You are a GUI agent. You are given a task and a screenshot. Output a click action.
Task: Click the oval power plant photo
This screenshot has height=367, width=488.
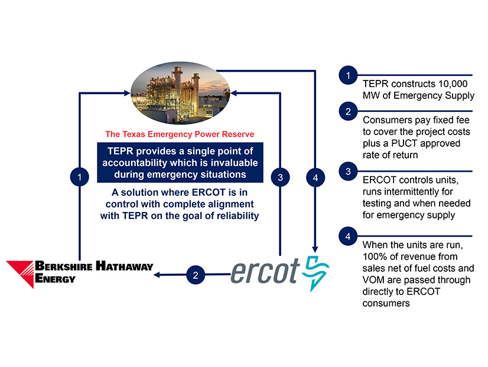180,93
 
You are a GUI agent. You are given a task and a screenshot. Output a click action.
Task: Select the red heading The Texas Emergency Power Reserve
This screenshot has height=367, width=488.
180,134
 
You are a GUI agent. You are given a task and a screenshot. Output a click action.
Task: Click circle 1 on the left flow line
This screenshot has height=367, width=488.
80,177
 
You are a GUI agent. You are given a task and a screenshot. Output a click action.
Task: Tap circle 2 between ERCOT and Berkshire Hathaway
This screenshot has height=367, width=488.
196,275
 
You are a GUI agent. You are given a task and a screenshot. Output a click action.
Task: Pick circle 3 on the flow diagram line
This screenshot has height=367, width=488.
280,178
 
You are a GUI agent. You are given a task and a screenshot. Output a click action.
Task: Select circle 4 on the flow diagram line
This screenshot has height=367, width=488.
315,178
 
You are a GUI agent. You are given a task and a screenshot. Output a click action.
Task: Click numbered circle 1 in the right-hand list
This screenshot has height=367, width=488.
348,75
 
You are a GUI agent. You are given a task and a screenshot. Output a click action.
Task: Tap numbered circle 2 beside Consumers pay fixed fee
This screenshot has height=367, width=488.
348,111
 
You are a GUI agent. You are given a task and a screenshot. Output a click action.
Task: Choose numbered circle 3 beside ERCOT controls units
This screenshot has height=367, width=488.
348,171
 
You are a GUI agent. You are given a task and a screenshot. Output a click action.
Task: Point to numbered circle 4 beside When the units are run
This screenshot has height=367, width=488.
348,236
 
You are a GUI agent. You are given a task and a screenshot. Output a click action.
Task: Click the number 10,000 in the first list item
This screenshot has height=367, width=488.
453,84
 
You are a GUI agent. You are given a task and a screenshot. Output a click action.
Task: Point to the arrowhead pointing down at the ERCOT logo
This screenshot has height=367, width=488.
315,249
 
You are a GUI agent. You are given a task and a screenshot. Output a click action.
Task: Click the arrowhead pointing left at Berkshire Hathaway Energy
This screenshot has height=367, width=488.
157,275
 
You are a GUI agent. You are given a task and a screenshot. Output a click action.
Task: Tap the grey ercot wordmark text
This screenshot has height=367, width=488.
265,271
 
